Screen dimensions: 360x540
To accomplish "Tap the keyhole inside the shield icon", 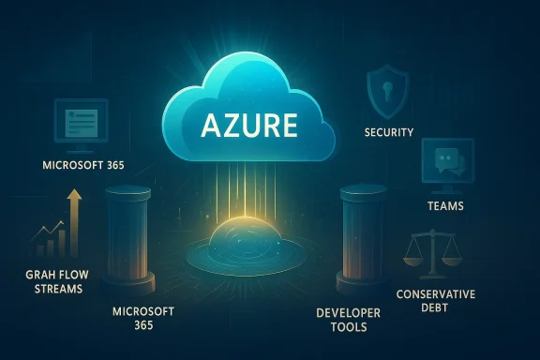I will point(388,89).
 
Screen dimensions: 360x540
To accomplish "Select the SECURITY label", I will point(388,132).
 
